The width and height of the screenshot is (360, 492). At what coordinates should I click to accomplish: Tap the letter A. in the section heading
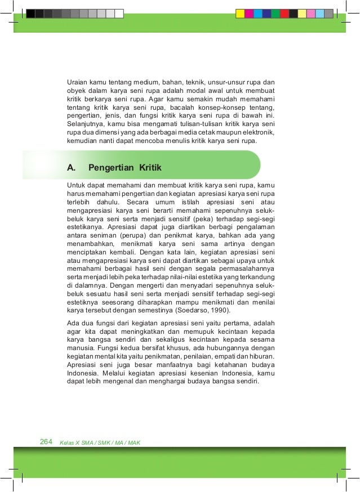coord(71,167)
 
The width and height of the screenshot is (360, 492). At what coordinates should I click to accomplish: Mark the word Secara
coord(139,201)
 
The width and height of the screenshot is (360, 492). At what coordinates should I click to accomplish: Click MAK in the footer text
coord(134,442)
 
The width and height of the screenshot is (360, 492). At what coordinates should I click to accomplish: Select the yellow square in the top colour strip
coord(239,14)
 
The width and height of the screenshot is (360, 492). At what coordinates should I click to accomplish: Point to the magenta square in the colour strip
coord(248,14)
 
